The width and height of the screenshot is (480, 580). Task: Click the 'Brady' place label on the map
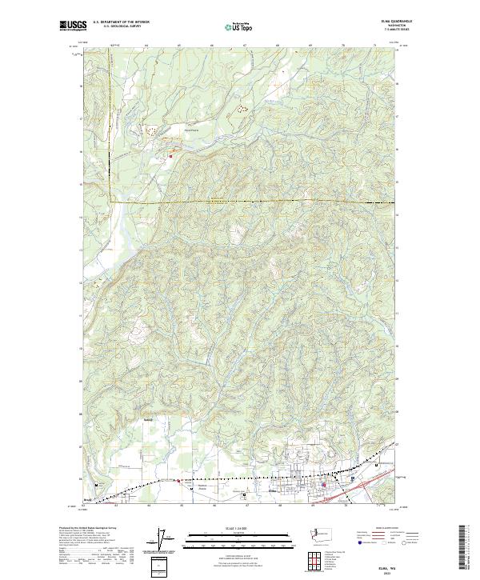click(88, 500)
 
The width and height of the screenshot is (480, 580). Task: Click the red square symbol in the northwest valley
click(170, 156)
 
